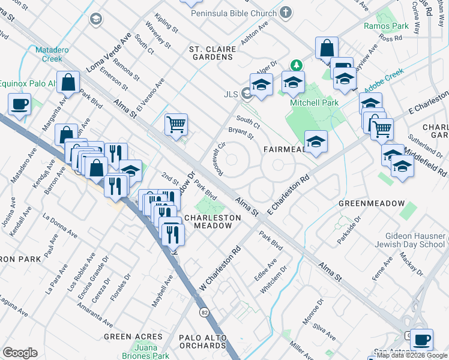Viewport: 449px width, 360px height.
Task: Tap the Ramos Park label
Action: (386, 26)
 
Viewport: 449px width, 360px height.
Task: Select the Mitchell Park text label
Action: (314, 103)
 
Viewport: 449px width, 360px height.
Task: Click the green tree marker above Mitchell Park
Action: (295, 64)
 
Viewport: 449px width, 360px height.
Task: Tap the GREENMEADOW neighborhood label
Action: (372, 203)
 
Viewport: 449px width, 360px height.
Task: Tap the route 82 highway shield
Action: (204, 313)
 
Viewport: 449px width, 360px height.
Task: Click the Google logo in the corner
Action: (20, 352)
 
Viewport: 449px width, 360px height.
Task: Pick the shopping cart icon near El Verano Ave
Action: (176, 124)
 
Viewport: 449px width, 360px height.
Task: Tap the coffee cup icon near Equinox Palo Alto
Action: (19, 104)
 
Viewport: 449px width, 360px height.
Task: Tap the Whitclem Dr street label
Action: (271, 280)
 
